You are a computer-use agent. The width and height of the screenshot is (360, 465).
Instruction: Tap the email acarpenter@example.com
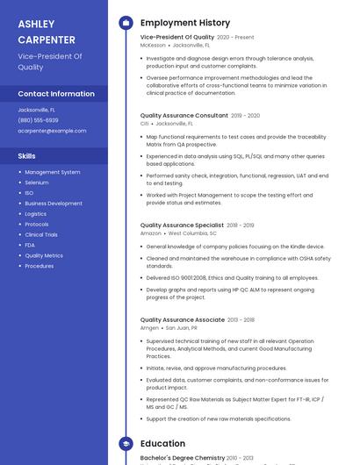(x=52, y=131)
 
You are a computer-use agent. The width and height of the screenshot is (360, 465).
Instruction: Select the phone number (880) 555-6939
(x=38, y=120)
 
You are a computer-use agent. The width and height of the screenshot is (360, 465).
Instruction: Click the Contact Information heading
(x=56, y=94)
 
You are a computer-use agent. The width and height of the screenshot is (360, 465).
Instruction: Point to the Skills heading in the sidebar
(x=26, y=155)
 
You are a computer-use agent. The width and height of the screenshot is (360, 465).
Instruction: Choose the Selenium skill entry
(x=37, y=182)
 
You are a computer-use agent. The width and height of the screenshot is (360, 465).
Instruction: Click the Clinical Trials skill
(x=41, y=234)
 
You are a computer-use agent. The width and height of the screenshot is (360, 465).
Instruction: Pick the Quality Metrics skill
(x=44, y=255)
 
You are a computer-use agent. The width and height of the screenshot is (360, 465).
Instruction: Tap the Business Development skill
(x=54, y=204)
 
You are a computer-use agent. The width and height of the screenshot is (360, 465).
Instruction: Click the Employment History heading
(x=185, y=23)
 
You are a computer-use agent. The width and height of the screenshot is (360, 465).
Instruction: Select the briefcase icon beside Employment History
(x=126, y=23)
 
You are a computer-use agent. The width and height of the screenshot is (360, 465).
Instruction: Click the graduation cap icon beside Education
(x=126, y=444)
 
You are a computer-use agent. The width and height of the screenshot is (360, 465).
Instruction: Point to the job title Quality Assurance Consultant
(x=184, y=115)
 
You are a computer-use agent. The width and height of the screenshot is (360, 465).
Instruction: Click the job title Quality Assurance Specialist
(x=182, y=225)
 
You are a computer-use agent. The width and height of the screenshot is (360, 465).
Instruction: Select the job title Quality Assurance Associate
(x=182, y=319)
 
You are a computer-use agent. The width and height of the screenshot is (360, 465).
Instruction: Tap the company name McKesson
(x=153, y=45)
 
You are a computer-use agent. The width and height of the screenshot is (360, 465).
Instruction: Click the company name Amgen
(x=150, y=327)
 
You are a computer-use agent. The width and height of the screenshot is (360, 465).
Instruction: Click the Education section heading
(x=162, y=444)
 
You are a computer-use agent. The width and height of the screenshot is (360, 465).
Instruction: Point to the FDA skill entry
(x=30, y=245)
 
